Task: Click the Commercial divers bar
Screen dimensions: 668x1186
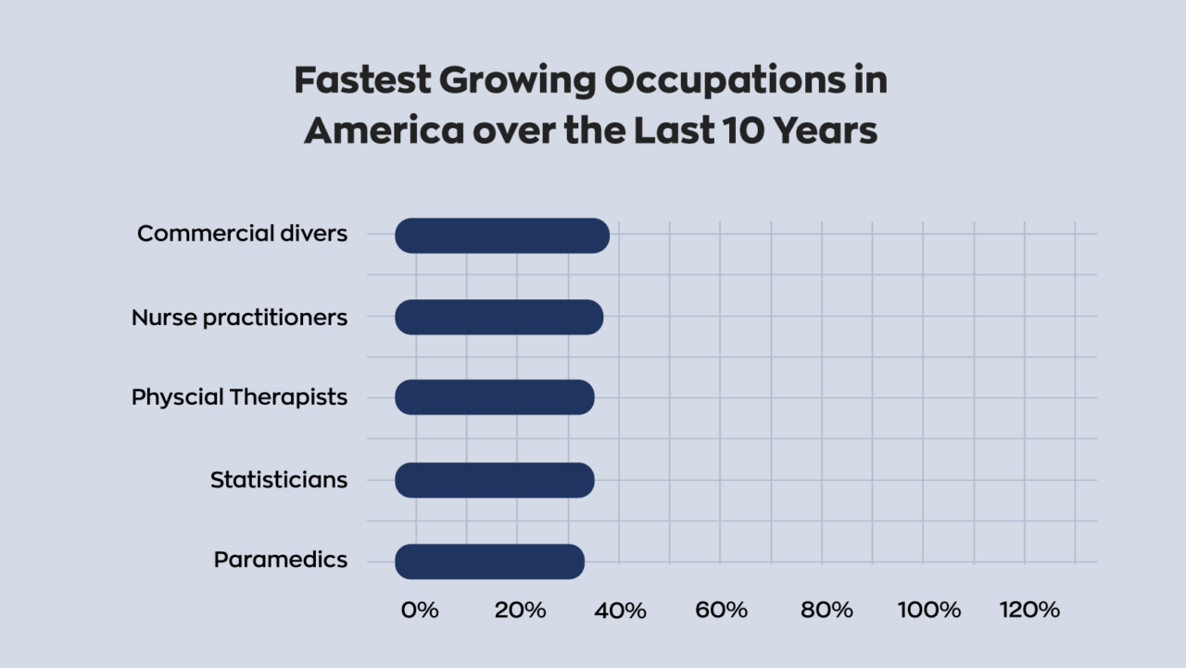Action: click(502, 236)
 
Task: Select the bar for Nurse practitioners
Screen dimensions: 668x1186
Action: click(498, 318)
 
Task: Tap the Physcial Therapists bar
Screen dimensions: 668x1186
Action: click(494, 397)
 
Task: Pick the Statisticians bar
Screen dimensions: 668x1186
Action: click(494, 480)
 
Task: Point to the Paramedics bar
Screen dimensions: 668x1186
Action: click(489, 561)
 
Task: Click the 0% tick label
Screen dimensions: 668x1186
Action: click(420, 610)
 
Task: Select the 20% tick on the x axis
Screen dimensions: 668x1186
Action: click(520, 610)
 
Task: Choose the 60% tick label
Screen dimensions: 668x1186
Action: click(722, 610)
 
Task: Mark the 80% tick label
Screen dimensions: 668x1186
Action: click(826, 610)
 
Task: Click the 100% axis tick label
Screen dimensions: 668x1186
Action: click(929, 610)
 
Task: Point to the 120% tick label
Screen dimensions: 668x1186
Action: click(1029, 610)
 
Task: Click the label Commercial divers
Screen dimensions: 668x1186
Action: click(242, 233)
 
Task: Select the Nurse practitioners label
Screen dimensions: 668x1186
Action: click(239, 318)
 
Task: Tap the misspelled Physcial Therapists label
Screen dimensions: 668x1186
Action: click(239, 397)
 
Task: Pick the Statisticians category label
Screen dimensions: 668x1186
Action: click(279, 480)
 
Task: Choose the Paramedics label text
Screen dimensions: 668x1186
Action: click(281, 561)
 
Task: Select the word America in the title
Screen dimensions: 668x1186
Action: click(384, 131)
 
